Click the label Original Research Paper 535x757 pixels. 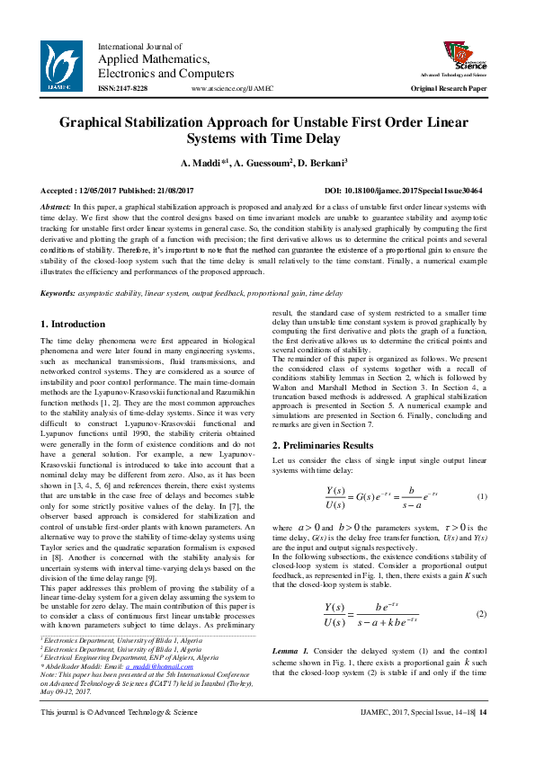[449, 89]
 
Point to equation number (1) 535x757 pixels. [482, 497]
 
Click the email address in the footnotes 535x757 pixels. [148, 667]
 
